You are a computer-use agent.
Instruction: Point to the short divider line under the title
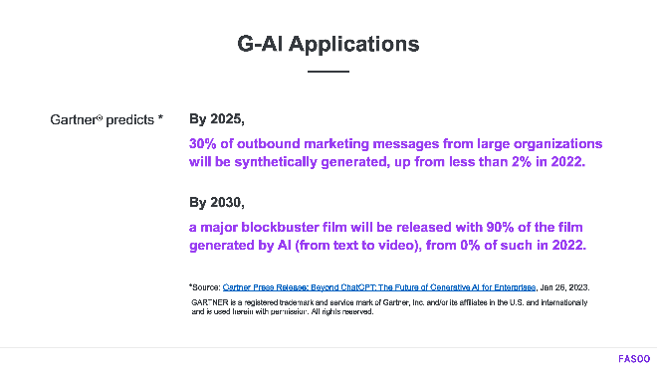[x=328, y=73]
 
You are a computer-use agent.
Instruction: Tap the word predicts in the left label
[x=128, y=120]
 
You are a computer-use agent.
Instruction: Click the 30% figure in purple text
[x=203, y=143]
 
